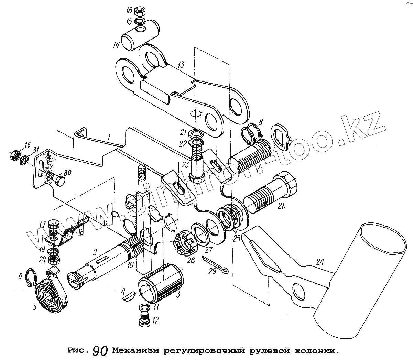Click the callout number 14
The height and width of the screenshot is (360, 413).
click(x=116, y=45)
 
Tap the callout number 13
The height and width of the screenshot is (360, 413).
click(x=181, y=64)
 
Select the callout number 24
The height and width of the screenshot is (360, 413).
click(x=319, y=262)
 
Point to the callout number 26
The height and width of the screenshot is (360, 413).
click(x=282, y=206)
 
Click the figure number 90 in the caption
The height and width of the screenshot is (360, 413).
click(x=100, y=351)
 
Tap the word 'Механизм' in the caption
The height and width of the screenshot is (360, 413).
click(x=136, y=351)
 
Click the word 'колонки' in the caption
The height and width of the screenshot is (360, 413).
click(x=316, y=351)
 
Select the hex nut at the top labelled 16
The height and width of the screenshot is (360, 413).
click(x=140, y=11)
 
